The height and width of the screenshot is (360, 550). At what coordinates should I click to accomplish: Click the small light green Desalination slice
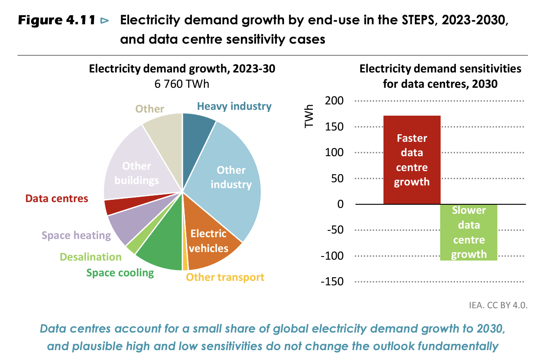pos(131,247)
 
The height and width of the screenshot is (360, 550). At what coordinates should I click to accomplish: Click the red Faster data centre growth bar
pos(411,160)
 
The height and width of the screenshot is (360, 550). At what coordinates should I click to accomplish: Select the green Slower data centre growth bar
pos(469,232)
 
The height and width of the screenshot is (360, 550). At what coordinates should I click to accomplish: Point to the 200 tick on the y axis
pos(334,101)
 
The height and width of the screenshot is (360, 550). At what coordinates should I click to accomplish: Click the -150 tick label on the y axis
pos(332,282)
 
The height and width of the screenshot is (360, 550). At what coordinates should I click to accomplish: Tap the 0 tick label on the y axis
pos(340,205)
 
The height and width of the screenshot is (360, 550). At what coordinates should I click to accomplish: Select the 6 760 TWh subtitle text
pos(182,84)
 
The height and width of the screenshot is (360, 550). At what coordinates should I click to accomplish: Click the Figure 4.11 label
pos(57,21)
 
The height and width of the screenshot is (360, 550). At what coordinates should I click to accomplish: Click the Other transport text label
pos(225,277)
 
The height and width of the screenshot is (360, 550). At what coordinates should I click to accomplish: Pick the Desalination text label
pos(90,257)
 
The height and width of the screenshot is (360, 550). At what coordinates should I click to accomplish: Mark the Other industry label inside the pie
pos(231,177)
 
